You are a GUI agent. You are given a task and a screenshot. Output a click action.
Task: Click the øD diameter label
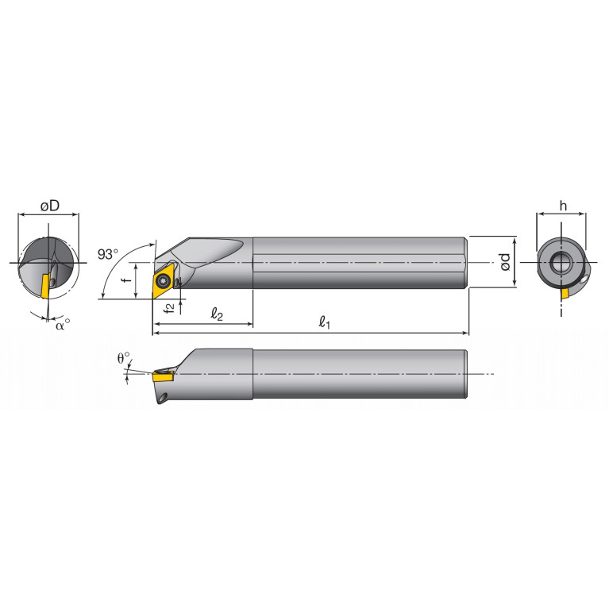pyautogui.click(x=49, y=206)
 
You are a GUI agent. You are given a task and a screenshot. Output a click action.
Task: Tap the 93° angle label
pyautogui.click(x=108, y=254)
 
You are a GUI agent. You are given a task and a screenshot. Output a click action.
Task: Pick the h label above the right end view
pyautogui.click(x=563, y=206)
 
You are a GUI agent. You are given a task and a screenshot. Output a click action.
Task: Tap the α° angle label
pyautogui.click(x=61, y=323)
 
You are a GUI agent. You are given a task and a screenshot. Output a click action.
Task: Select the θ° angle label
pyautogui.click(x=123, y=358)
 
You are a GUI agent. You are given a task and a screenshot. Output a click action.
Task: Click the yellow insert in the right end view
pyautogui.click(x=565, y=293)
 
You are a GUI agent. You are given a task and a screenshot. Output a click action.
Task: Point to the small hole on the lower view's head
pyautogui.click(x=163, y=395)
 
